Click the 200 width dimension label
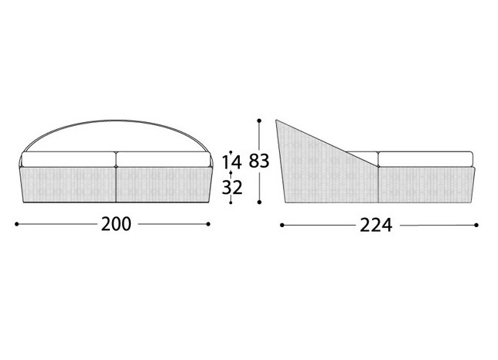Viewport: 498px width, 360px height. (116, 224)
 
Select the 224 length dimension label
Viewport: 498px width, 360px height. (376, 226)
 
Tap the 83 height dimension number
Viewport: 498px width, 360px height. (259, 161)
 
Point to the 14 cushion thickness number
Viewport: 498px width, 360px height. (231, 162)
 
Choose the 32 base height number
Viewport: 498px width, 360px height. (232, 188)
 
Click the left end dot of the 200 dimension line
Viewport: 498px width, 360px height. (16, 224)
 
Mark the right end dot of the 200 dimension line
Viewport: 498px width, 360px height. (208, 224)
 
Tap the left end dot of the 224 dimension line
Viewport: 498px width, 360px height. (281, 226)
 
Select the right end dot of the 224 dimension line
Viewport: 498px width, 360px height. (476, 226)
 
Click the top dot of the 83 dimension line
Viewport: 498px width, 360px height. (259, 121)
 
